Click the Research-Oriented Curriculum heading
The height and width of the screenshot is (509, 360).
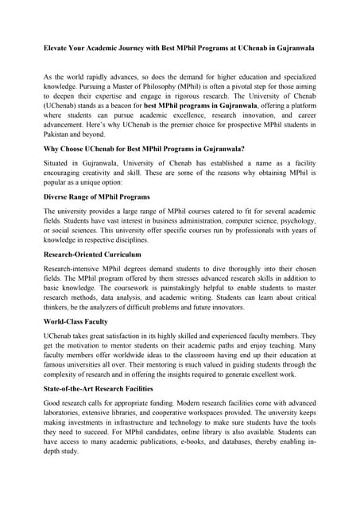[91, 254]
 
